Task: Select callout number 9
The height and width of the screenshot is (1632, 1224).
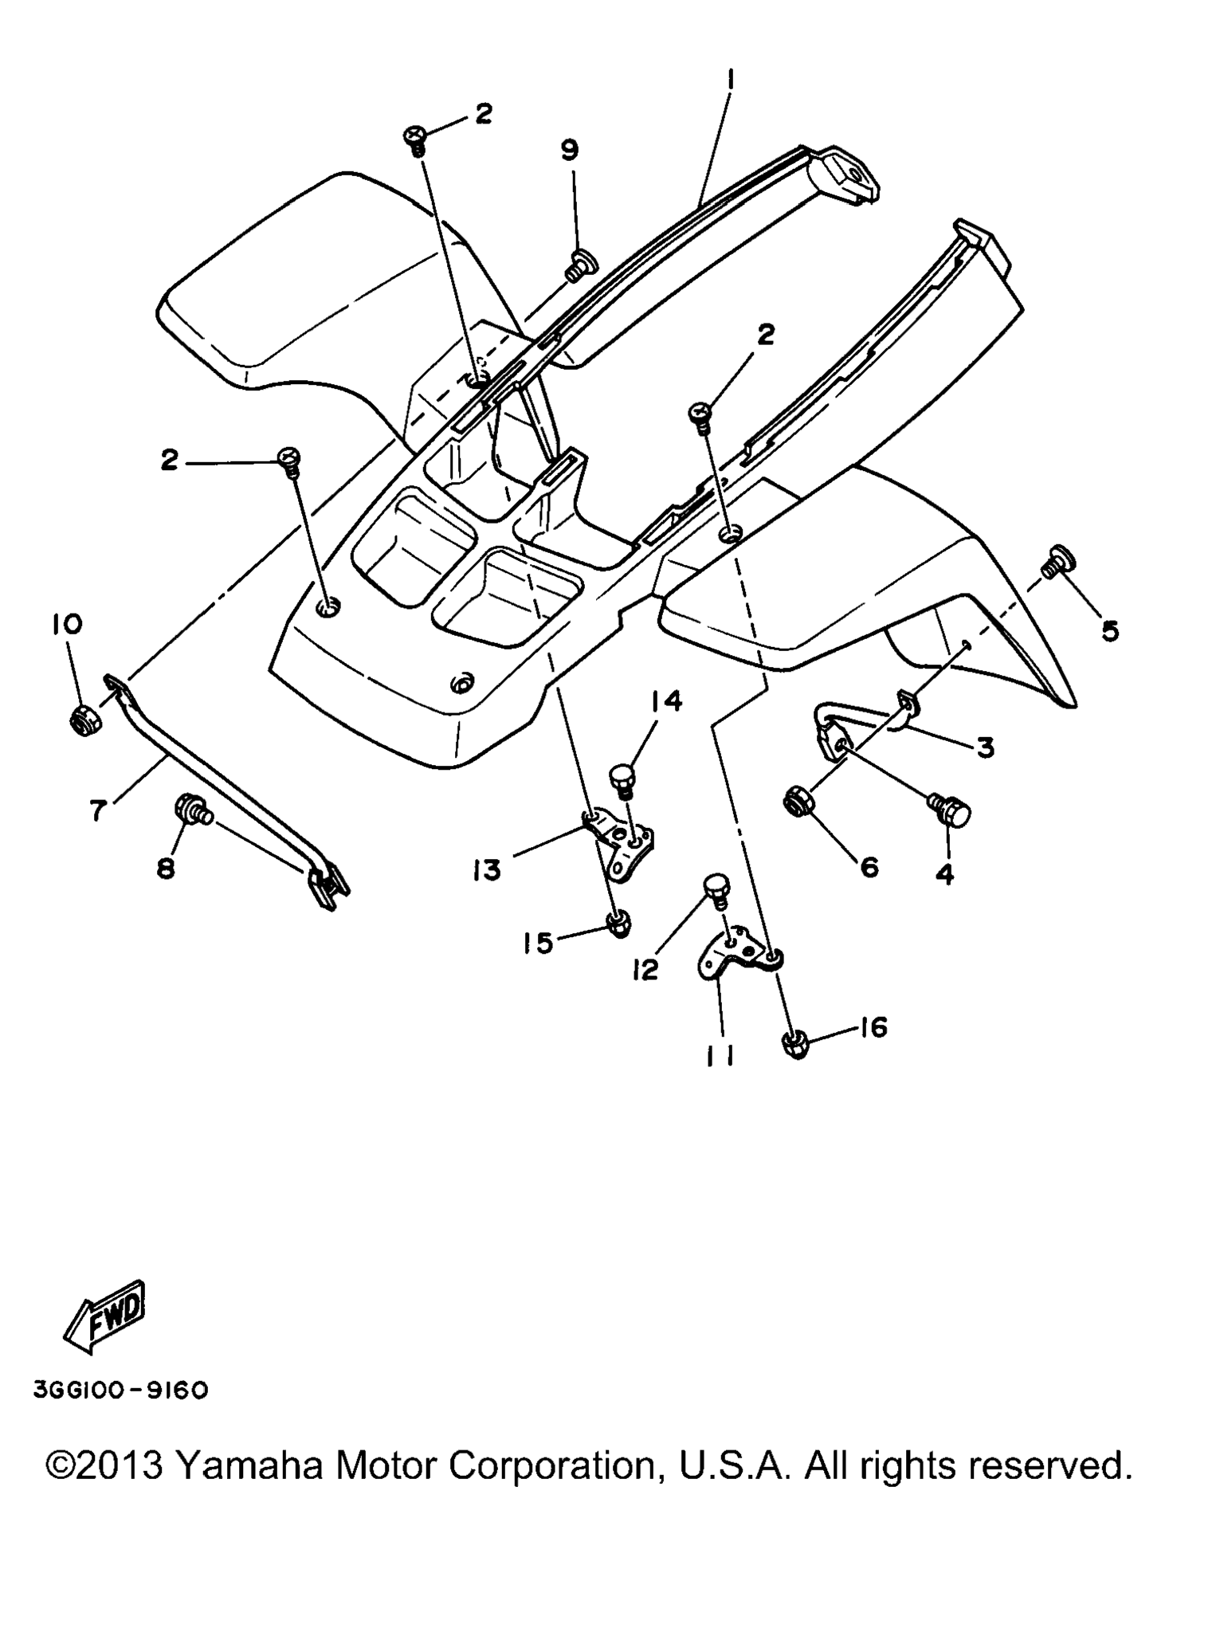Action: [x=569, y=150]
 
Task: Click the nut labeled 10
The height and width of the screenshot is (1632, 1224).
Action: [x=81, y=700]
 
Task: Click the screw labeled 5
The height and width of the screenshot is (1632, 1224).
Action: [x=1059, y=561]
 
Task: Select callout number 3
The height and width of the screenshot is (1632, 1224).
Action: [x=985, y=747]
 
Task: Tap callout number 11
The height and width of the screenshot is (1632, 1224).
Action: [x=720, y=1056]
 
